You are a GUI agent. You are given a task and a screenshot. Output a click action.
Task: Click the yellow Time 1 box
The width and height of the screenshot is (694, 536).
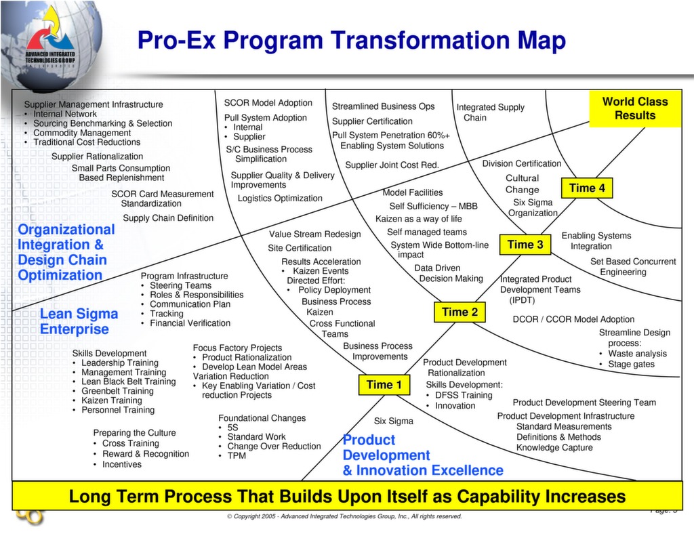point(384,385)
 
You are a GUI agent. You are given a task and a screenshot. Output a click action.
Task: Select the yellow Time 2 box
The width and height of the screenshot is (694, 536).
point(460,312)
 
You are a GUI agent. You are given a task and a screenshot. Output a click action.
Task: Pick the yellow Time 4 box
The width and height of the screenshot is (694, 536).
point(587,188)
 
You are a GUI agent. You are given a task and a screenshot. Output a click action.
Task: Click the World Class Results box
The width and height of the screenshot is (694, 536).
point(634,108)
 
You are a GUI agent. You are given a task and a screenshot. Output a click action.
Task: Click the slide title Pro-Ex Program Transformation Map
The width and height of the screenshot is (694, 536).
point(351,41)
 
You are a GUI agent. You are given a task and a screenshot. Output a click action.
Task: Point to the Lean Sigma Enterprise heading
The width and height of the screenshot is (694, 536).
point(79,321)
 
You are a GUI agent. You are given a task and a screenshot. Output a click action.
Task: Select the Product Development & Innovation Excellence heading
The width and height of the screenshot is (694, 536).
point(422,455)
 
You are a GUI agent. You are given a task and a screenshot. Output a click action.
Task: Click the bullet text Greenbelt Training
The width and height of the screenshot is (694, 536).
point(117,391)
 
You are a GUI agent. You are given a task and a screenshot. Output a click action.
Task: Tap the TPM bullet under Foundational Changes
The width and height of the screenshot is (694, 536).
point(237,456)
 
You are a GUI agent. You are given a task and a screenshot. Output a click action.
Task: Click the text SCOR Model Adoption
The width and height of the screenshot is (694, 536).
point(268,103)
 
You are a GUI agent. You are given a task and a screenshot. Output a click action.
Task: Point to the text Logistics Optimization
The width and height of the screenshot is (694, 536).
point(280,199)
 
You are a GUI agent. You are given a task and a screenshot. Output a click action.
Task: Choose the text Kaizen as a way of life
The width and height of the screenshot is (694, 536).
point(418,219)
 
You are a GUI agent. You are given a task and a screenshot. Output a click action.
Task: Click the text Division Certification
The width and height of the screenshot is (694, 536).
point(521,163)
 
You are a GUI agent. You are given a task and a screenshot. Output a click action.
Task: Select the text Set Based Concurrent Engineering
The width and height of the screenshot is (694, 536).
point(632,266)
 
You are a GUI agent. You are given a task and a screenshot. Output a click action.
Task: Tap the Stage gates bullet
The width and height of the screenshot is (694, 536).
point(631,364)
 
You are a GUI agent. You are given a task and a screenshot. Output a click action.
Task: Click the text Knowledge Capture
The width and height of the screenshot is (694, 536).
point(554,448)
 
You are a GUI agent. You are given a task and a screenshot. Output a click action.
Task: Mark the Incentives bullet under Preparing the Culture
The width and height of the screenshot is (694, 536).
point(121,464)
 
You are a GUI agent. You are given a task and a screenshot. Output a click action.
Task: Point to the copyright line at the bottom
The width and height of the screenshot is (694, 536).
point(344,516)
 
